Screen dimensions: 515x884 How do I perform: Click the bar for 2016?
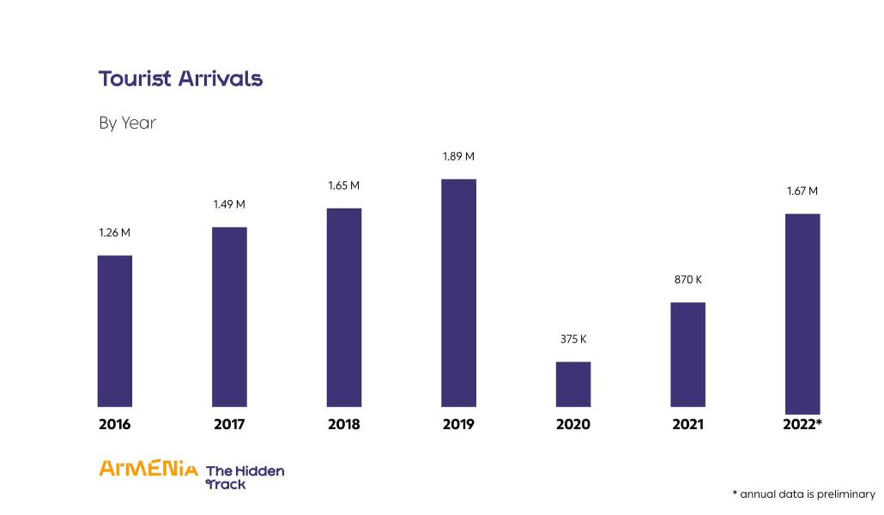coord(115,330)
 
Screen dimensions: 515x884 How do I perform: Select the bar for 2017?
coord(229,317)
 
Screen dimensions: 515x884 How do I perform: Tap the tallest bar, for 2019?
coord(458,293)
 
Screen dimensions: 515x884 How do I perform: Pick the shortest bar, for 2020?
coord(573,384)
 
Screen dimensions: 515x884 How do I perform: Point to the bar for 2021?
coord(687,354)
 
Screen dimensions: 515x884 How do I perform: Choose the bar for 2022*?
coord(802,313)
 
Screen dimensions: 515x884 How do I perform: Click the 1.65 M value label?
coord(343,185)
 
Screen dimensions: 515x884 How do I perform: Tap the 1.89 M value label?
coord(458,157)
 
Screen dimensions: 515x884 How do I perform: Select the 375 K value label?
coord(573,339)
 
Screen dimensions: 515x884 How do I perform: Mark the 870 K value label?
coord(687,280)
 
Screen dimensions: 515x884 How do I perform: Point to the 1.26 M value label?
coord(115,233)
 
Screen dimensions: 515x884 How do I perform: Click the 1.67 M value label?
coord(802,191)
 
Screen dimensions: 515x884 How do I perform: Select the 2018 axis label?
coord(343,424)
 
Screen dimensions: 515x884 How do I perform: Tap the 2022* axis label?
coord(802,424)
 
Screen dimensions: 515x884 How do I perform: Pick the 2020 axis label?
coord(573,424)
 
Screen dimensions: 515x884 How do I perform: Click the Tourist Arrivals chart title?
coord(180,79)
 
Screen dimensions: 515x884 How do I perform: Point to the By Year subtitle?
coord(127,123)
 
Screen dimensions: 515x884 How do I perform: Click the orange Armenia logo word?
coord(148,469)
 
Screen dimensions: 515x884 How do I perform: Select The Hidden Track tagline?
coord(245,477)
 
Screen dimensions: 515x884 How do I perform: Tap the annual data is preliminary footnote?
coord(803,494)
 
